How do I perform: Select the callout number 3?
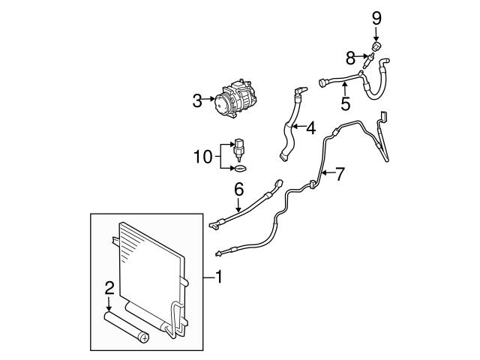(197, 100)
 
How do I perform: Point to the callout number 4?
(310, 128)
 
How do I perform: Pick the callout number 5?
(345, 102)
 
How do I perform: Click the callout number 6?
(238, 189)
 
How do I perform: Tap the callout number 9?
(376, 16)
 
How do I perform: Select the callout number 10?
(202, 157)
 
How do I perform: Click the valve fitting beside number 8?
(367, 59)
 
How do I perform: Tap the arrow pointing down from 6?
(238, 206)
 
